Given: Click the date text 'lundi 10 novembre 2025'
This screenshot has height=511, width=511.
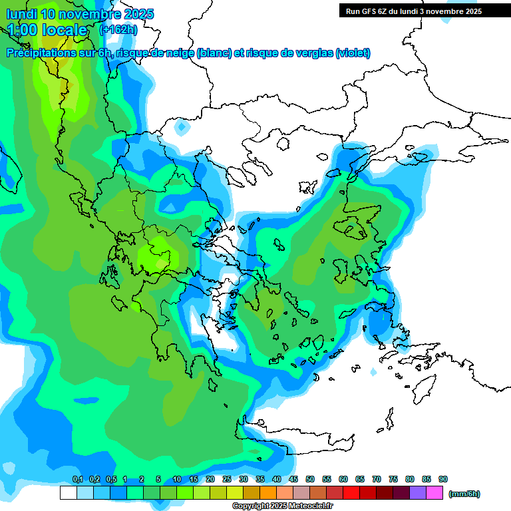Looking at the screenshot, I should [80, 14].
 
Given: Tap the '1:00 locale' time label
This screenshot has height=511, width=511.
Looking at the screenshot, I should [47, 30].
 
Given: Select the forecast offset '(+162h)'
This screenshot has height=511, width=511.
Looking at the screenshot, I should [118, 30].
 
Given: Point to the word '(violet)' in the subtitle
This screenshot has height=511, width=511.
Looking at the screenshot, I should [353, 53].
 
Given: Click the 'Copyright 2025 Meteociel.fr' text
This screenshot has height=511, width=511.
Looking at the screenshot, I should [282, 506].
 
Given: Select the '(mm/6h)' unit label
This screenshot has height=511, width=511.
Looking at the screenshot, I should [464, 494].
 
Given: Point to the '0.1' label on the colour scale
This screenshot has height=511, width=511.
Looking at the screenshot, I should [77, 480].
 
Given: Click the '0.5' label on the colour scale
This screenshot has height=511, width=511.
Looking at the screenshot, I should [110, 480].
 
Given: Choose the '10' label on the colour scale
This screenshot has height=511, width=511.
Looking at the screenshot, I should [177, 480].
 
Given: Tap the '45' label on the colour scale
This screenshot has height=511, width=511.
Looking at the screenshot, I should [293, 480].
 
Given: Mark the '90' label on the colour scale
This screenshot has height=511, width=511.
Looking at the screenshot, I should [443, 480].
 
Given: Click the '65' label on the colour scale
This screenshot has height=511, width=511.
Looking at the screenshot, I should [360, 480].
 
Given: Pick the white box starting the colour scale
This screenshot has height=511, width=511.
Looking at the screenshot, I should [68, 493].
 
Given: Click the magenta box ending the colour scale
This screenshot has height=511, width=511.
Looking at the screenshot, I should [434, 493].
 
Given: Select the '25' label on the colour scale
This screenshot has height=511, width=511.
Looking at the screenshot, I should [227, 480].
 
